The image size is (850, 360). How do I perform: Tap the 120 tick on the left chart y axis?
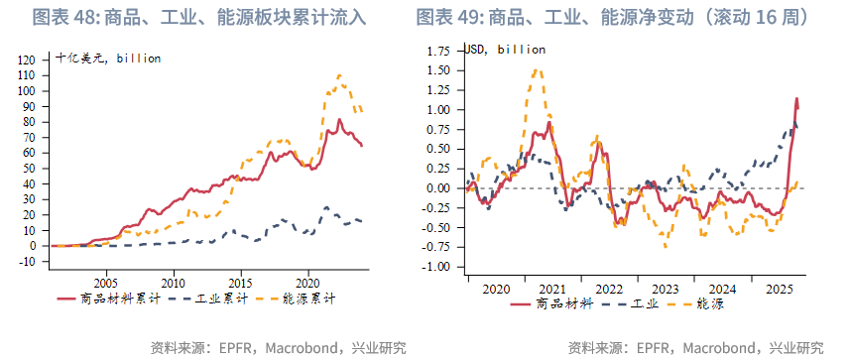coord(27,60)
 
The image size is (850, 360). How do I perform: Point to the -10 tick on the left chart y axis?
coord(27,262)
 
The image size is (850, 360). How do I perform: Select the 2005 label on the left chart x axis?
coord(105,281)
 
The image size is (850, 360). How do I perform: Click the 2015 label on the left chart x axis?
coord(240,281)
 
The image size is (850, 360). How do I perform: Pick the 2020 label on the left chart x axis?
coord(307,281)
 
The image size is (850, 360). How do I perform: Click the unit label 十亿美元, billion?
coord(107,59)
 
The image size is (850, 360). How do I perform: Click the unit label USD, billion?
coord(505,49)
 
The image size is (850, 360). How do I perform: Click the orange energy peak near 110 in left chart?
coord(339,75)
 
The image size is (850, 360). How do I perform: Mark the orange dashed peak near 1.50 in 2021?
coord(536,69)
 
